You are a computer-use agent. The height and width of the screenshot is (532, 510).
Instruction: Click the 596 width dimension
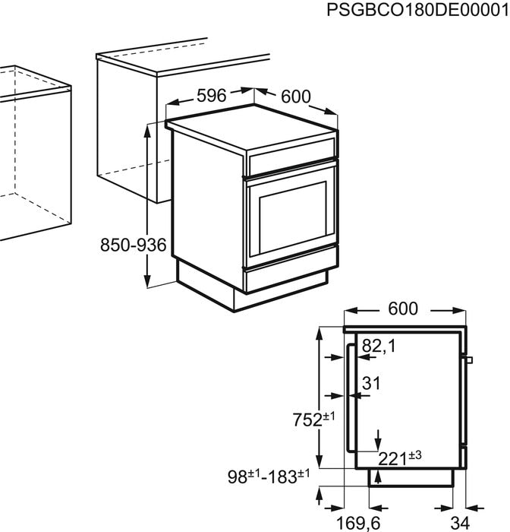(212, 97)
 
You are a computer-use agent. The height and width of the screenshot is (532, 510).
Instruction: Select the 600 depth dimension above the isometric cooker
(296, 97)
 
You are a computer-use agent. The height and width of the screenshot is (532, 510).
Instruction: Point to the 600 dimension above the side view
(403, 309)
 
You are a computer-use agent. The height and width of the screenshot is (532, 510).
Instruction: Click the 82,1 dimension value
(379, 347)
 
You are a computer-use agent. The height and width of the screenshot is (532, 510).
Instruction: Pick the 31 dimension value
(370, 384)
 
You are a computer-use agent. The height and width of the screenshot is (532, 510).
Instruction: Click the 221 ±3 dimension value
(400, 457)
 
